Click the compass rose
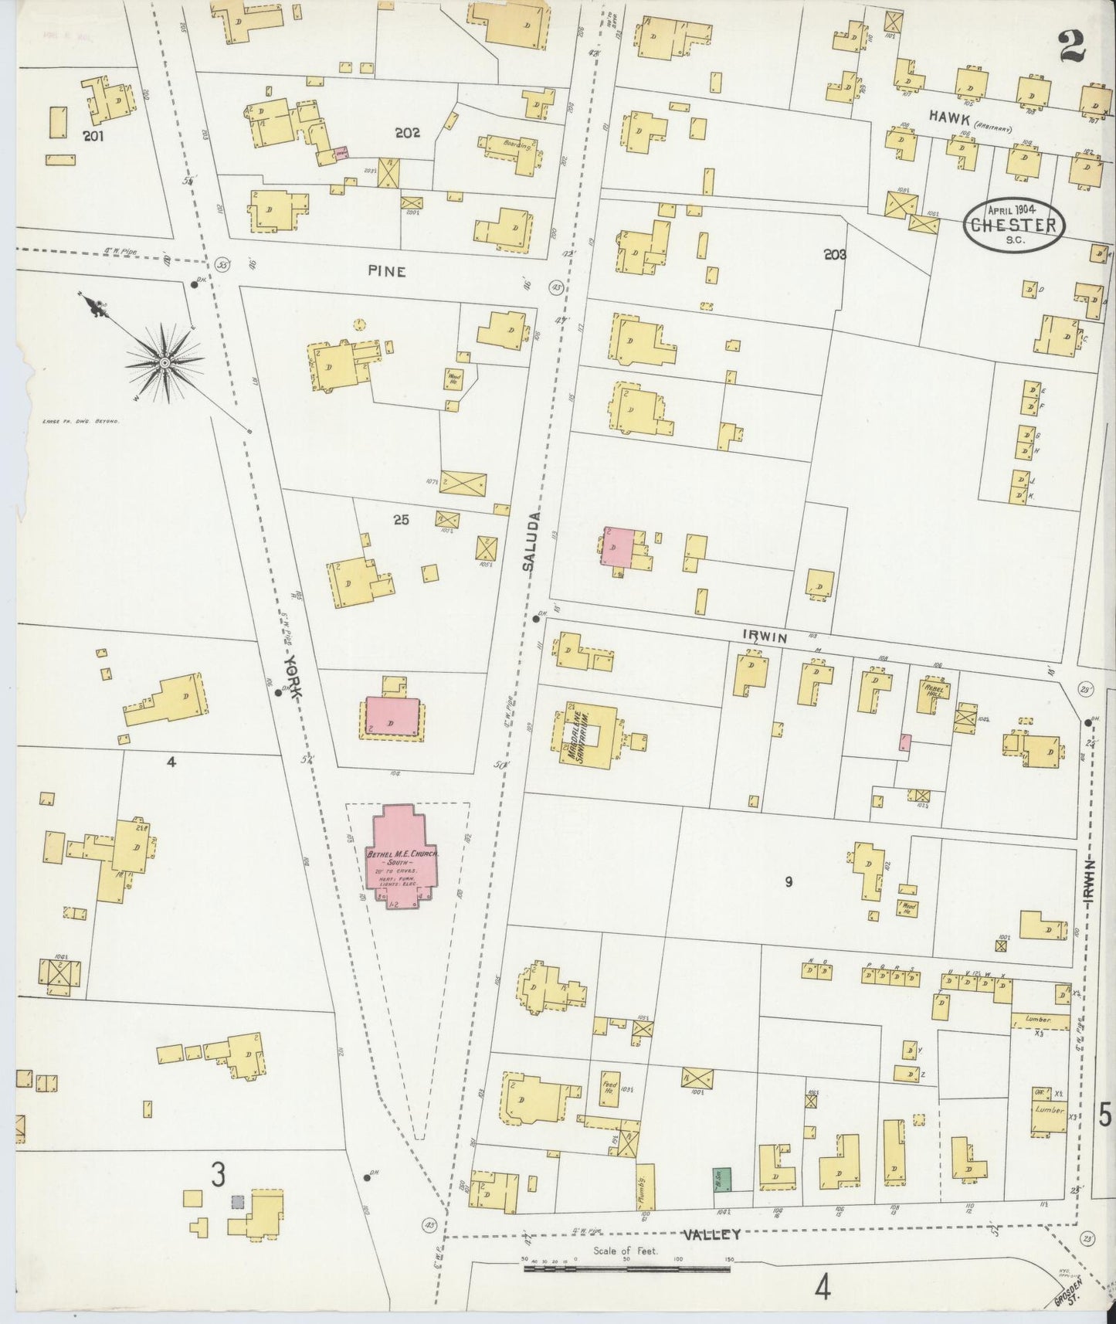pyautogui.click(x=165, y=362)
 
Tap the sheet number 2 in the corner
pyautogui.click(x=1073, y=46)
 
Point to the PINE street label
pyautogui.click(x=386, y=271)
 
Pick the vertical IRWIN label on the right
pyautogui.click(x=1087, y=881)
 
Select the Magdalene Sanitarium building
pyautogui.click(x=585, y=734)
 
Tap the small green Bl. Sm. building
pyautogui.click(x=721, y=1179)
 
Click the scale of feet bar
pyautogui.click(x=626, y=1268)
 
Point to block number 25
pyautogui.click(x=400, y=520)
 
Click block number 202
pyautogui.click(x=406, y=133)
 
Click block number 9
pyautogui.click(x=789, y=881)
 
